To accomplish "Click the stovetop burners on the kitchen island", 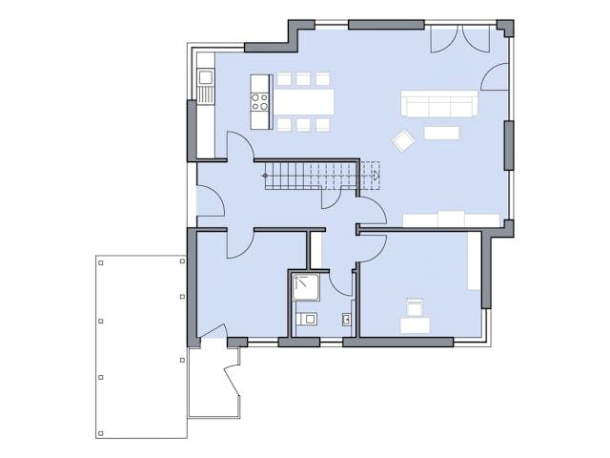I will coord(260,100).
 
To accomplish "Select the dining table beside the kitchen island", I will coord(304,100).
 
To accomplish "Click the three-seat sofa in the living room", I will coord(438,103).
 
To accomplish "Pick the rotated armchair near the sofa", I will coord(403,140).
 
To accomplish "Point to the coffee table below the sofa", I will coord(441,133).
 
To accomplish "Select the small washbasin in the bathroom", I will coord(346,318).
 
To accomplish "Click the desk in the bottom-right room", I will coord(416,325).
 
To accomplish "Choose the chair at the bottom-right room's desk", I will coord(415,307).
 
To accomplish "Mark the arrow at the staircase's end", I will coord(375,175).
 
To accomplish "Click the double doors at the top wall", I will coord(461,39).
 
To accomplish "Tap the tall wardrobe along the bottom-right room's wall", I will coord(474,260).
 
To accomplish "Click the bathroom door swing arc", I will coord(340,283).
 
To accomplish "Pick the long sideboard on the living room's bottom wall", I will coord(451,220).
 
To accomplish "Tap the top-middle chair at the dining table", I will coord(304,78).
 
